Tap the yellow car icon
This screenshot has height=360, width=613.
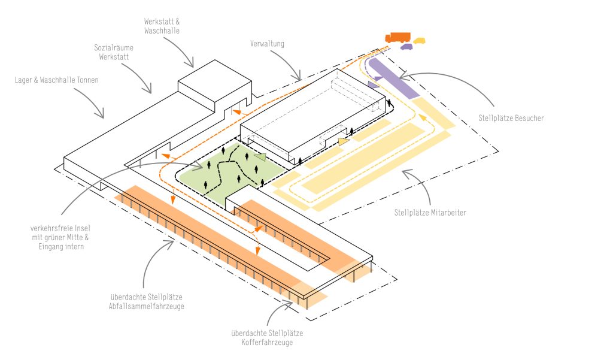pos(420,41)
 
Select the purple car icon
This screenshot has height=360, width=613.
pos(407,46)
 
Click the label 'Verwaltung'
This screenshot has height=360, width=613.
pos(267,44)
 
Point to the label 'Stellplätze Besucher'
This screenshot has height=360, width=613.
pos(511,118)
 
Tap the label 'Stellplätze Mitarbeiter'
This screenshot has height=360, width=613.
pos(430,212)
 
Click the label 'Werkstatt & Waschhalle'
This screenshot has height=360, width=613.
pos(162,25)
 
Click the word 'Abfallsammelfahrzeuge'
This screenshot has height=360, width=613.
pos(146,306)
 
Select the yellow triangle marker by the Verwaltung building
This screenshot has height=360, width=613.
pos(342,141)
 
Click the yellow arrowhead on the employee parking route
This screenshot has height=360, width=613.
pos(423,117)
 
